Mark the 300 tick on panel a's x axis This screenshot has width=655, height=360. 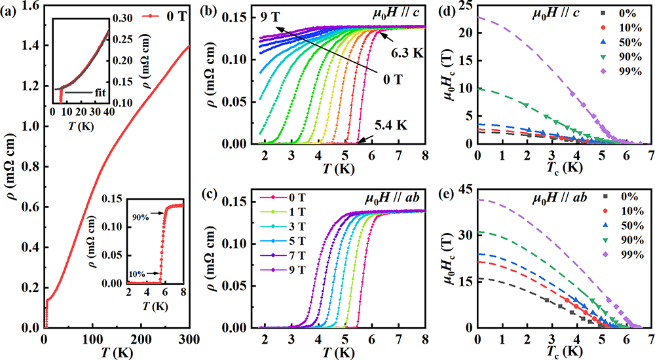click(187, 338)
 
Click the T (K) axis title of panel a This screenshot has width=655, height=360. click(114, 351)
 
